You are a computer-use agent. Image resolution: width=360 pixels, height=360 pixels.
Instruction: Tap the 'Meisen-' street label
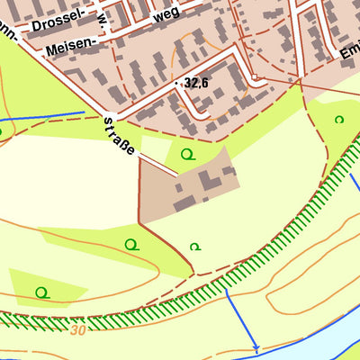click(x=70, y=46)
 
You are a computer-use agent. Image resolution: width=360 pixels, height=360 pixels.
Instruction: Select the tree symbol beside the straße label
click(x=186, y=154)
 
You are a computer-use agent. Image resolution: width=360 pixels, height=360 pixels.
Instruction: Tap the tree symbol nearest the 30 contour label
click(x=41, y=292)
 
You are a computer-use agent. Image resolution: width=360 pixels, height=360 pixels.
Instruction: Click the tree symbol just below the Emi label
click(x=339, y=119)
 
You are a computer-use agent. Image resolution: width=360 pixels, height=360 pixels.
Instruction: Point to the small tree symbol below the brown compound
click(x=195, y=246)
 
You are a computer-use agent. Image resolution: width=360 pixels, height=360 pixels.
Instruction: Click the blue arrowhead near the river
click(x=256, y=347)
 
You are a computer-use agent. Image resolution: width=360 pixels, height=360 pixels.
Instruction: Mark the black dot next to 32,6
click(x=177, y=83)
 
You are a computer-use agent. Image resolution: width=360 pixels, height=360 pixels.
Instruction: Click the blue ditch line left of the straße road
click(x=45, y=117)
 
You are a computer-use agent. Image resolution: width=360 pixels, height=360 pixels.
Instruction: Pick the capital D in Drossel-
click(x=34, y=27)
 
